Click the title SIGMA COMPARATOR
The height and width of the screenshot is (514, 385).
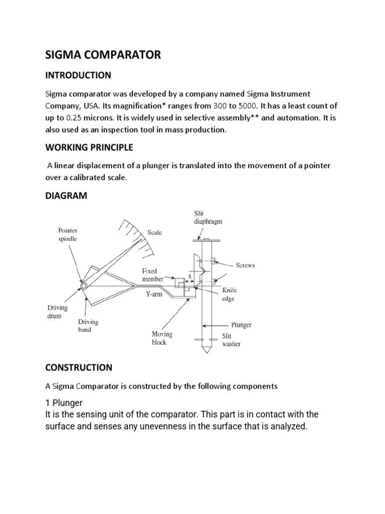tap(103, 55)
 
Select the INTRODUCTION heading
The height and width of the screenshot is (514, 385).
tap(78, 75)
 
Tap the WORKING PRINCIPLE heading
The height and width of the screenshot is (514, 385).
tap(89, 148)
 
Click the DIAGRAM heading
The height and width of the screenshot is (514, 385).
tap(66, 196)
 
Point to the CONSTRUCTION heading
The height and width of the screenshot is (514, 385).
tap(78, 367)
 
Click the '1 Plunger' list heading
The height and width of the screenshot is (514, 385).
tap(64, 403)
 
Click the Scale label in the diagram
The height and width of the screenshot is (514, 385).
tap(154, 232)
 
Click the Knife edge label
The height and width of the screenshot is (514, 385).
tap(230, 294)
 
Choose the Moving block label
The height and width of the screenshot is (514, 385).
tap(161, 338)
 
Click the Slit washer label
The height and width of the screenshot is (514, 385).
tap(231, 340)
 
